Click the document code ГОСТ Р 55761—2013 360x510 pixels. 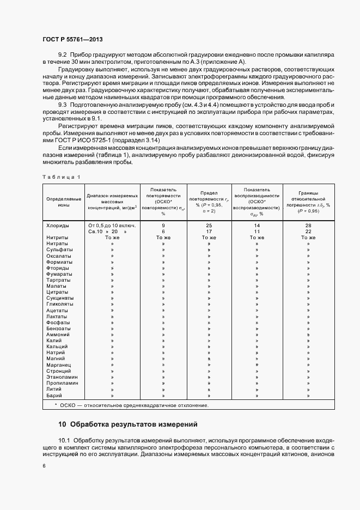pos(72,40)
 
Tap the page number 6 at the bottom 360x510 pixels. pos(44,465)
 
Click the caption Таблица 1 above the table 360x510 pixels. pos(61,178)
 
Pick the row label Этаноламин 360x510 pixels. pos(61,377)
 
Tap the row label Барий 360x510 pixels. pos(55,396)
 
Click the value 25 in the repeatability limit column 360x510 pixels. pos(209,225)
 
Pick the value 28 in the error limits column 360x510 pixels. pos(308,225)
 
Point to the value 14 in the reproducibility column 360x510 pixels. pos(257,225)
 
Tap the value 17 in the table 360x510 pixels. pos(209,231)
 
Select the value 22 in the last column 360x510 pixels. pos(308,231)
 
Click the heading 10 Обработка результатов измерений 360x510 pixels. pos(128,424)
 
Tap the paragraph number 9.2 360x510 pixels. pos(62,56)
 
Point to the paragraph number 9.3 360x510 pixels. pos(62,104)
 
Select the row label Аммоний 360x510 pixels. pos(58,334)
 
